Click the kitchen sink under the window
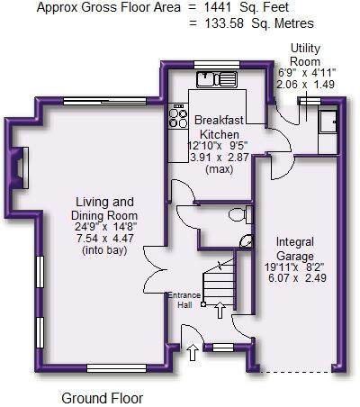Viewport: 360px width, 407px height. (217, 79)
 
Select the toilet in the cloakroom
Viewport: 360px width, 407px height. (240, 214)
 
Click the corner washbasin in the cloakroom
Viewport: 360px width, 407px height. (247, 241)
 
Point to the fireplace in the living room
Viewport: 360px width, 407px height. (20, 167)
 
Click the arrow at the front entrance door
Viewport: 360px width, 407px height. (193, 352)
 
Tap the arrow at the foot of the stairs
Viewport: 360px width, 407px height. (220, 310)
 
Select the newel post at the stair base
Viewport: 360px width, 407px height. (203, 304)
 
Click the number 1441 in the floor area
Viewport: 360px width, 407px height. (217, 7)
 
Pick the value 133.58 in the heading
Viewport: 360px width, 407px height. (224, 23)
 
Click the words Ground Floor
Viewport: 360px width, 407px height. (103, 398)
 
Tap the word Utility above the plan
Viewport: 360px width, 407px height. (305, 48)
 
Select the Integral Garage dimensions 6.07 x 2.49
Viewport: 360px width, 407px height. (297, 277)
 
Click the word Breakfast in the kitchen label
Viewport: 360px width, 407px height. (219, 120)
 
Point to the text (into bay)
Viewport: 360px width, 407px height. (104, 250)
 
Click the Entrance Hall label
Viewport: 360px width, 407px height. (184, 300)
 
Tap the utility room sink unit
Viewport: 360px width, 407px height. (328, 122)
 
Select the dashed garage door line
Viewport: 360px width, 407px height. (296, 372)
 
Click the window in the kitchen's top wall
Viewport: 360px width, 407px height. (217, 65)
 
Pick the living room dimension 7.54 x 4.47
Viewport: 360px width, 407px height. (105, 239)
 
